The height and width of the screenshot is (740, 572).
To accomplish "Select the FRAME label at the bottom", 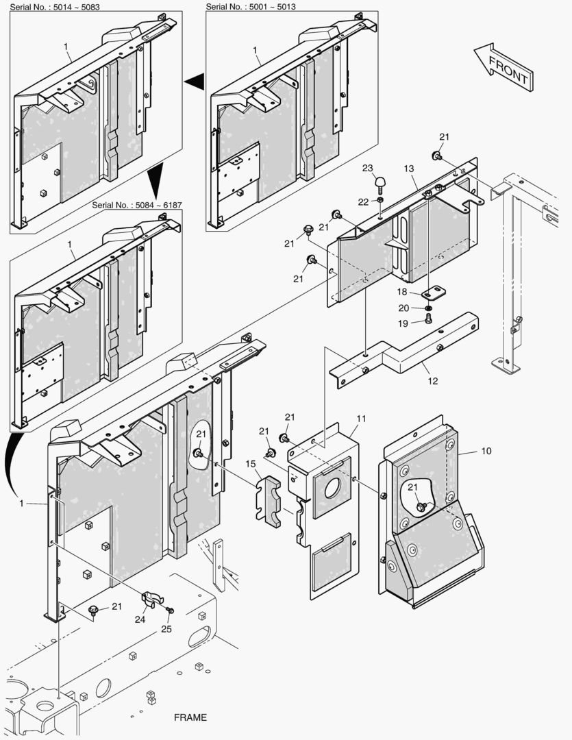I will click(190, 717).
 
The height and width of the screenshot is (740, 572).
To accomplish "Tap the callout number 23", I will click(367, 168).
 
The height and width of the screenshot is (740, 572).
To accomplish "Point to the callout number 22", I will click(363, 201).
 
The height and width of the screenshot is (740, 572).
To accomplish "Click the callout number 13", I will click(409, 169).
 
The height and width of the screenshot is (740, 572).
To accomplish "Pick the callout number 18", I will click(403, 292).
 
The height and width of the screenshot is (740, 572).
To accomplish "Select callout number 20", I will click(403, 308).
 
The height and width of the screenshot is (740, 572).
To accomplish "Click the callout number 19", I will click(403, 323).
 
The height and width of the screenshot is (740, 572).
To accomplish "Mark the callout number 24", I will click(140, 619).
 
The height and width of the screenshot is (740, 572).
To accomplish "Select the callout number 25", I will click(166, 628).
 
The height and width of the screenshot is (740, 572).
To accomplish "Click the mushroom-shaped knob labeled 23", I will click(380, 182).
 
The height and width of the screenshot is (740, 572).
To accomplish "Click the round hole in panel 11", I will click(332, 491).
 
